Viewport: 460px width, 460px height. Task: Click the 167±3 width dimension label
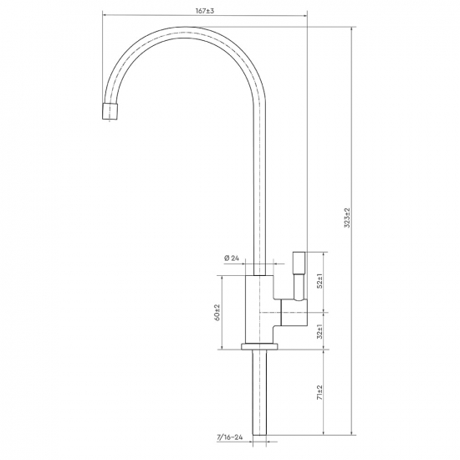point(205,11)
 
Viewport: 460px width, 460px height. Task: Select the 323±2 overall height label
point(348,218)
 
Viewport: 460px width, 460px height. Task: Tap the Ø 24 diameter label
point(232,258)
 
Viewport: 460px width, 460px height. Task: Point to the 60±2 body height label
point(217,312)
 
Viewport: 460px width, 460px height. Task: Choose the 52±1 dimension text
point(319,281)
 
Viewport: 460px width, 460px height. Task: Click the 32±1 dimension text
point(319,332)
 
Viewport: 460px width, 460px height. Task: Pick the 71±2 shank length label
point(319,392)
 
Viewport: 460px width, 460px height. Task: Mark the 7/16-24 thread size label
point(230,437)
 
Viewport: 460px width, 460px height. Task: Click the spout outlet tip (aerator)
point(110,111)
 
